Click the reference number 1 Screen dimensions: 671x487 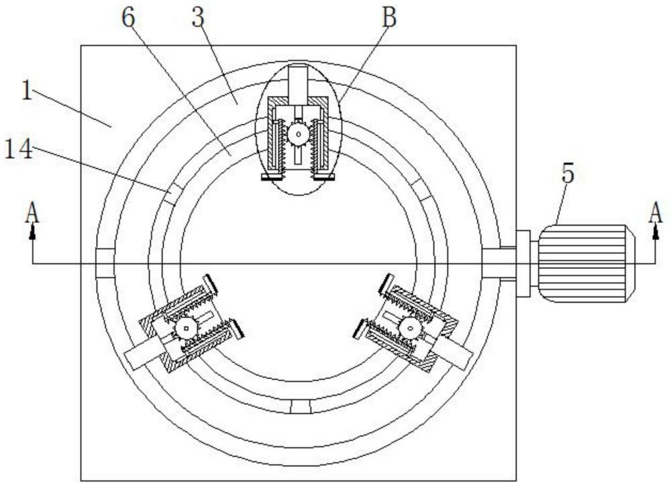point(27,91)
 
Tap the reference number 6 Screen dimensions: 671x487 point(128,17)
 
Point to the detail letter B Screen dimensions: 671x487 point(389,17)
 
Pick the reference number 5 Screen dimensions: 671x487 point(568,174)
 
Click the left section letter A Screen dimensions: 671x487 point(32,213)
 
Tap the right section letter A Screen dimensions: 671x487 point(655,213)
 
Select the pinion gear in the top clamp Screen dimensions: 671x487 point(299,134)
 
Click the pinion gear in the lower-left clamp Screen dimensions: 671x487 point(186,329)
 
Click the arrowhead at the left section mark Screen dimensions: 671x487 point(32,231)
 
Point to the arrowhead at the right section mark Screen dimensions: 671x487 point(655,231)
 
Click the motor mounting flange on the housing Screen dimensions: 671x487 point(523,263)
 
